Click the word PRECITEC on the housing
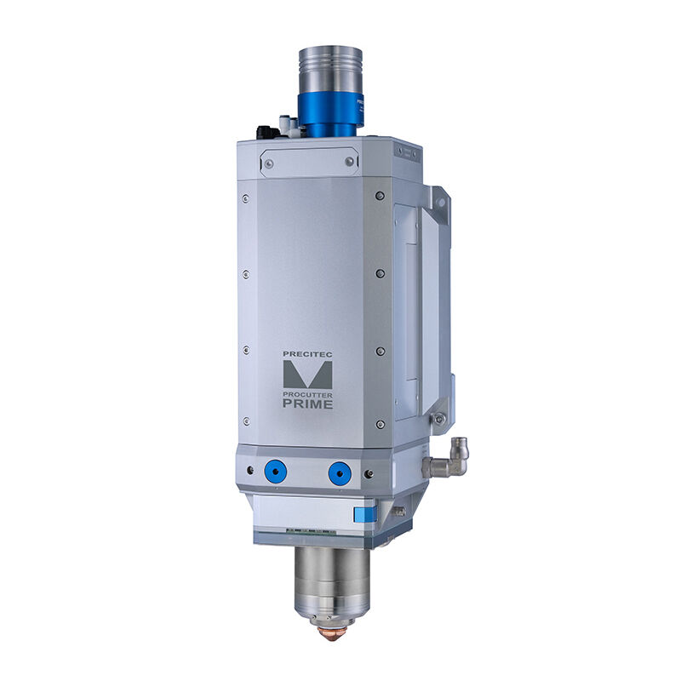pos(307,354)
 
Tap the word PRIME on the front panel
pos(308,403)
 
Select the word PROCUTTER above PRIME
pos(307,395)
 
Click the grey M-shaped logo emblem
pos(307,375)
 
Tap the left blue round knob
pos(276,473)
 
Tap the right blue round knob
pos(340,473)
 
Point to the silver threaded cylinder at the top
pos(330,70)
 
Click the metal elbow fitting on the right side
pos(448,458)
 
